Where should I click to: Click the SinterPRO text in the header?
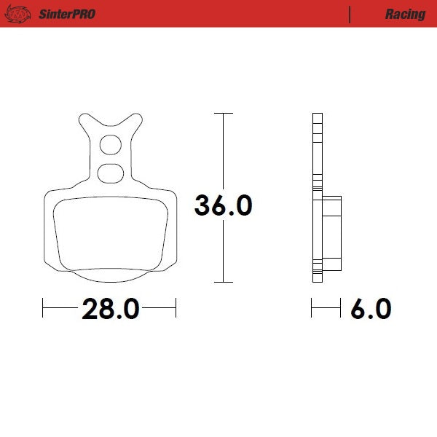(x=65, y=14)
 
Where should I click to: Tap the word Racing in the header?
(x=405, y=14)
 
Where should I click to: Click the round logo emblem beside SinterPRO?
(x=21, y=14)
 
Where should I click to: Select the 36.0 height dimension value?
(x=223, y=205)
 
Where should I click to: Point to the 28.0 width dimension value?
(x=110, y=309)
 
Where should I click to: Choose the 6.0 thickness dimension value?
(x=371, y=309)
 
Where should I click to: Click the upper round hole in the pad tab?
(x=111, y=146)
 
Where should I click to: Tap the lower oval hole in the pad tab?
(x=111, y=173)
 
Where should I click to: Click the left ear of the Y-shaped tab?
(x=86, y=122)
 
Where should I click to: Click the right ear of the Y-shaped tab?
(x=135, y=122)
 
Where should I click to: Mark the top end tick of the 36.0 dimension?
(x=223, y=114)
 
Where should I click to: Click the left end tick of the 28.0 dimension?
(x=44, y=309)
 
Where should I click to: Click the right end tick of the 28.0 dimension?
(x=176, y=309)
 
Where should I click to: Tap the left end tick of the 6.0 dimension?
(x=312, y=309)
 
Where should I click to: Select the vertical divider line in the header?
(x=350, y=14)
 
